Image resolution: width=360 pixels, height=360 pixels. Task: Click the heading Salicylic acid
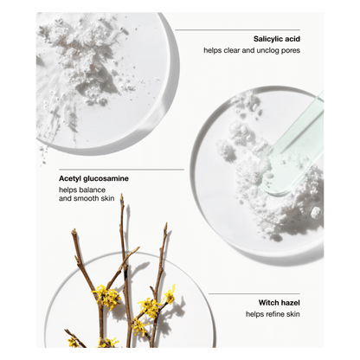[277, 39]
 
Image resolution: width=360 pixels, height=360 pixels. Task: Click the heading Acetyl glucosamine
[93, 179]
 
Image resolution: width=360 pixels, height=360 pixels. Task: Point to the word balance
[93, 190]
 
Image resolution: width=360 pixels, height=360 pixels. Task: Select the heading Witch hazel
[279, 303]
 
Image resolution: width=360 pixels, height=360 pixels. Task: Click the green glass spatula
[294, 145]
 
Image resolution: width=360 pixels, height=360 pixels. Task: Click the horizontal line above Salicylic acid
[237, 29]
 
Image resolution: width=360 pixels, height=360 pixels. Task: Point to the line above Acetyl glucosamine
[121, 170]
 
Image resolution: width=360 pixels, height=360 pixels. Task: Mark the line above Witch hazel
[254, 294]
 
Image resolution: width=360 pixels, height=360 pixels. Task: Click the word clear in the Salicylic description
[232, 50]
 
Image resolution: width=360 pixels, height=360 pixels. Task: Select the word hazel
[291, 303]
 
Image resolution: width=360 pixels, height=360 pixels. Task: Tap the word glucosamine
[106, 179]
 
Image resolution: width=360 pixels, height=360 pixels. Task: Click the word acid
[292, 39]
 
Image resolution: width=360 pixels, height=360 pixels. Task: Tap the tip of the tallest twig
[122, 195]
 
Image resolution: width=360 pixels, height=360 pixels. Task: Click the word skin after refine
[292, 314]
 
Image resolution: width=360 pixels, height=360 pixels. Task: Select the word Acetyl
[70, 179]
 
